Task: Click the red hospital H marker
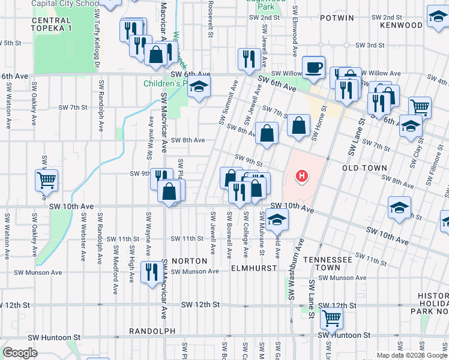click(303, 176)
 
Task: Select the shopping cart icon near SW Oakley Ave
click(47, 180)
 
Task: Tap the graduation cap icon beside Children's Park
click(199, 88)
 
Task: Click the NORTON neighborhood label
click(189, 261)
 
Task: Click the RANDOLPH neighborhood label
click(152, 331)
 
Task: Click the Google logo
click(20, 353)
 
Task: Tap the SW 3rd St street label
click(369, 45)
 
